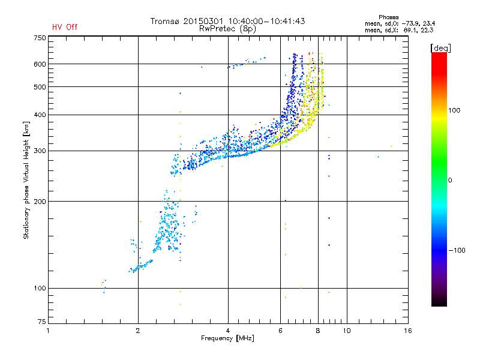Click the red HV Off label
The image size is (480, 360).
(x=64, y=27)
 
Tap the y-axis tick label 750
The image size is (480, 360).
(x=40, y=37)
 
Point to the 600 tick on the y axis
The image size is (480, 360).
(x=40, y=64)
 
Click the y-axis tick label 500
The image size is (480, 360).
(x=40, y=87)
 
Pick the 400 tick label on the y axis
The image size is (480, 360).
(x=40, y=115)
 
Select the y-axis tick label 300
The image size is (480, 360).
(x=40, y=151)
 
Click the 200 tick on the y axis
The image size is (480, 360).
(x=40, y=201)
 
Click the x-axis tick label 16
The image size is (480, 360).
(x=407, y=331)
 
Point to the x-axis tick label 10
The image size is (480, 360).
(x=347, y=331)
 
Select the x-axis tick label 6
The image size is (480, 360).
(x=281, y=331)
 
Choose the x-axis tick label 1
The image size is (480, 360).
(x=49, y=331)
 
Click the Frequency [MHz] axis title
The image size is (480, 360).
(x=227, y=339)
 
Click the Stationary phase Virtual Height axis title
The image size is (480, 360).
(x=26, y=180)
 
